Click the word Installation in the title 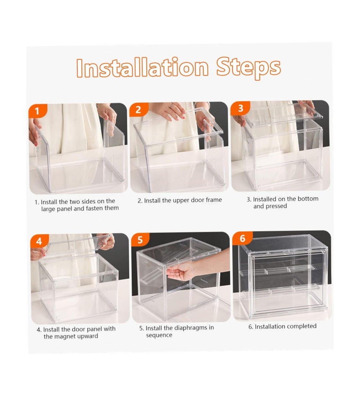tap(143, 67)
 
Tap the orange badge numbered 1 tap(38, 111)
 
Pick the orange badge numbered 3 tap(240, 108)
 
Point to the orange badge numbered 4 tap(39, 241)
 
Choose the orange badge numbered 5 tap(140, 240)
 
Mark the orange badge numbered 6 tap(243, 238)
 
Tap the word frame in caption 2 tap(214, 200)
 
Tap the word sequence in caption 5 tap(159, 335)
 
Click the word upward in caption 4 tap(89, 336)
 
